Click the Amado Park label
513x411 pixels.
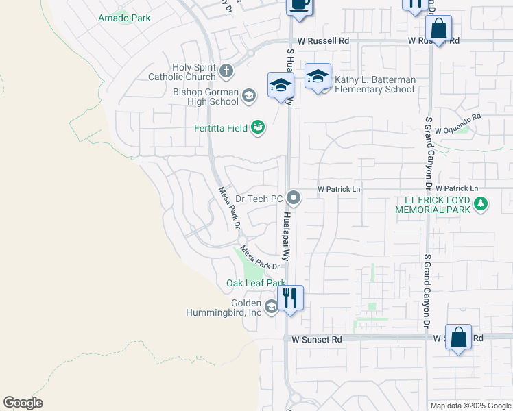[x=124, y=18]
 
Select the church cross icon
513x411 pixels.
[x=227, y=70]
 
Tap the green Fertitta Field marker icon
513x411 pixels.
[x=258, y=127]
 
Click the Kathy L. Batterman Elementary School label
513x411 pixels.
[x=374, y=85]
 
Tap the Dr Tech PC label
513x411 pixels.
[x=259, y=199]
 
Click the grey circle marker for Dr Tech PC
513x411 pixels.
[x=294, y=199]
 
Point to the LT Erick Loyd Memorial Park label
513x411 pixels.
[x=432, y=205]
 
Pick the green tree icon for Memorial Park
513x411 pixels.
[x=481, y=203]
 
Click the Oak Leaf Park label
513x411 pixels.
[x=256, y=283]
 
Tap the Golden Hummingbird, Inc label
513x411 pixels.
[x=224, y=308]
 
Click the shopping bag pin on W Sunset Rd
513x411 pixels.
[x=458, y=338]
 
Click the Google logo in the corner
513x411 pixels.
[x=23, y=403]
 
